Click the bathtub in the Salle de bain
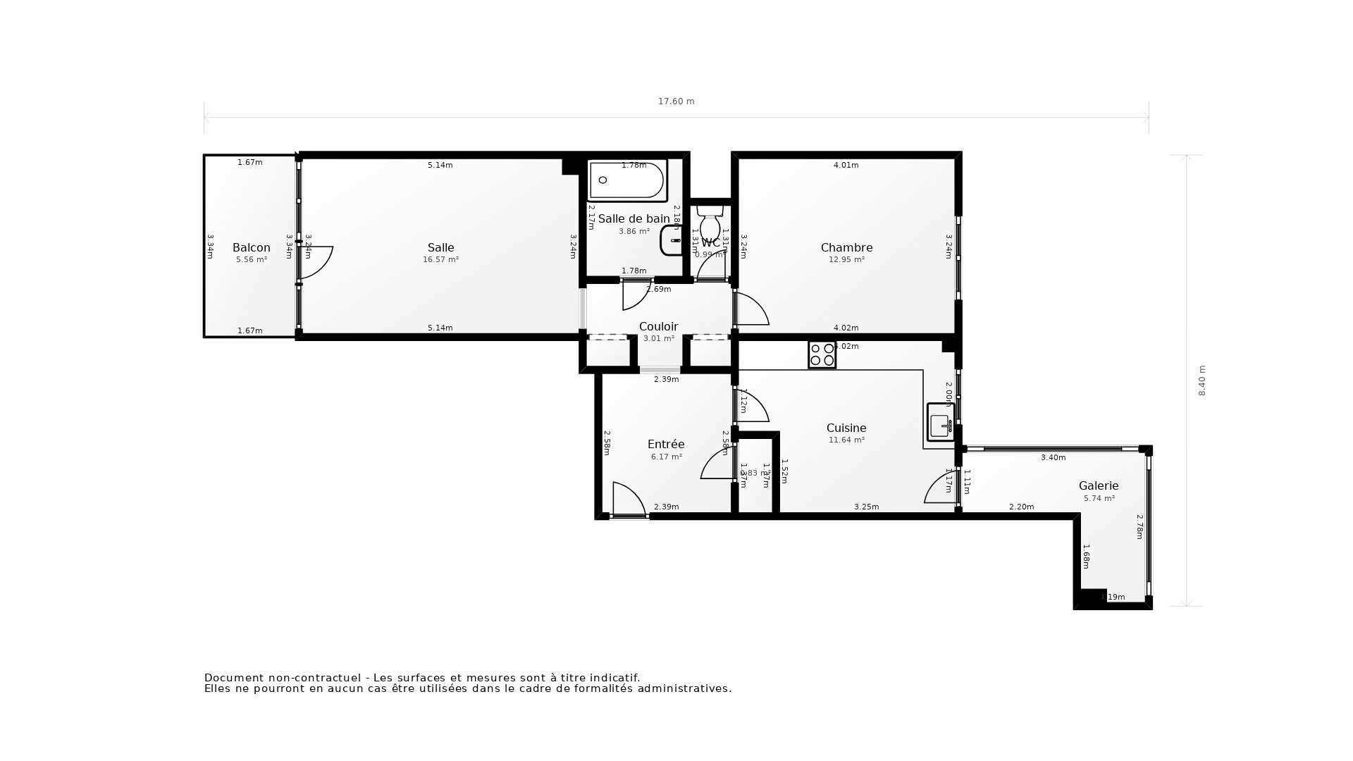(626, 181)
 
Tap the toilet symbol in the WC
(710, 224)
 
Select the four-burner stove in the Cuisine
(822, 354)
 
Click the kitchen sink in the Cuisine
(940, 423)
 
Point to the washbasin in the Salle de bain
(671, 240)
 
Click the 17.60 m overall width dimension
(676, 101)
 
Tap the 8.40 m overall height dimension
(1202, 380)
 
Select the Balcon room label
(252, 247)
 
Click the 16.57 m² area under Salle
(440, 260)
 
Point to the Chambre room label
(846, 247)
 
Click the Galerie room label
(1098, 485)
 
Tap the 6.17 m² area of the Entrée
(666, 457)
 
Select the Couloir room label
(658, 326)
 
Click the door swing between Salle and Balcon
(316, 262)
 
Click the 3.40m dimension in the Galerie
(1053, 458)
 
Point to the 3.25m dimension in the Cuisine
(866, 507)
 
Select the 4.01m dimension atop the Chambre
(846, 166)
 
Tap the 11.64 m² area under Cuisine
(846, 440)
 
